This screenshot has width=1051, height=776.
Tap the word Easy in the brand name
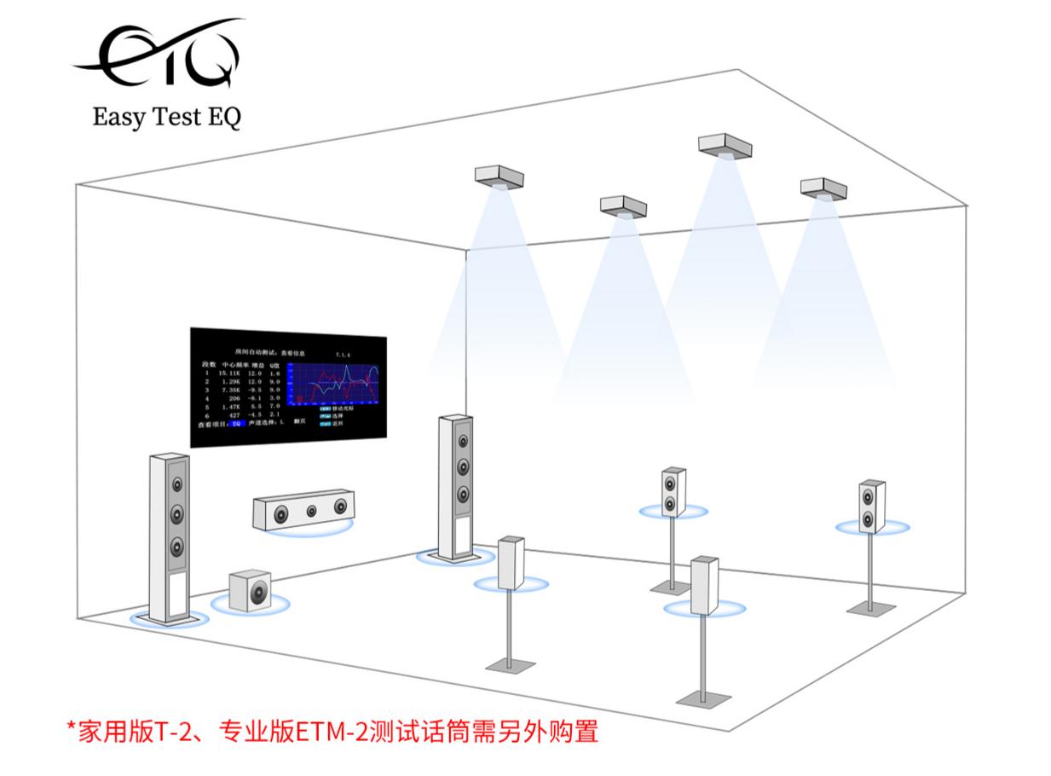(x=118, y=118)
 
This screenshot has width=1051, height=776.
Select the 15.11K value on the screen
(x=228, y=374)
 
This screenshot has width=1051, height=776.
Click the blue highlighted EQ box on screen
(x=238, y=423)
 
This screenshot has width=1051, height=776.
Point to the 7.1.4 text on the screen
(x=344, y=350)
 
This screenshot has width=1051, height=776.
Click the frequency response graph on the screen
(x=332, y=384)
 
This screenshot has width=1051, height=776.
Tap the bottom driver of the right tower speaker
(x=462, y=494)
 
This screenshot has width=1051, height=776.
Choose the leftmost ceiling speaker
(x=498, y=177)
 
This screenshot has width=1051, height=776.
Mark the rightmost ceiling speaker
(x=823, y=187)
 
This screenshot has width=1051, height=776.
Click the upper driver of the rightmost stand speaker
(x=868, y=495)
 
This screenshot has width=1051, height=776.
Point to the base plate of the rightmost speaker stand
(x=871, y=608)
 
